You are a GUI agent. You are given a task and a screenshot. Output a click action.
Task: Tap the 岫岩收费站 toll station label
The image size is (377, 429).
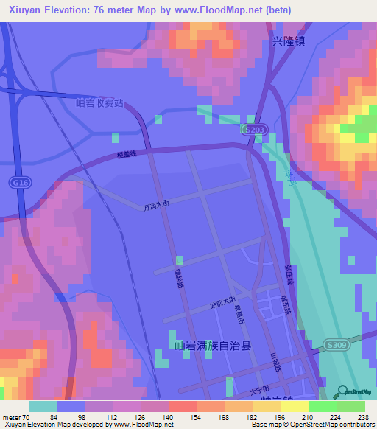pyautogui.click(x=100, y=103)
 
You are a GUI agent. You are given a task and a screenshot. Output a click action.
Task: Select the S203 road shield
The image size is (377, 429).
pyautogui.click(x=253, y=129)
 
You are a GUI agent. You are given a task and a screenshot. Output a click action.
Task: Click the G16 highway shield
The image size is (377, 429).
pyautogui.click(x=17, y=181)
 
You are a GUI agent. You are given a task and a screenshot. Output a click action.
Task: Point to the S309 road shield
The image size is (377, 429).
pyautogui.click(x=335, y=344)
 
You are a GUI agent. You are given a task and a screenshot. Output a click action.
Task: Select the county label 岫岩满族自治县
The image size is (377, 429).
pyautogui.click(x=213, y=345)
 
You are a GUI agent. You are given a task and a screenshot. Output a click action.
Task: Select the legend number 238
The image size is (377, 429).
pyautogui.click(x=361, y=416)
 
